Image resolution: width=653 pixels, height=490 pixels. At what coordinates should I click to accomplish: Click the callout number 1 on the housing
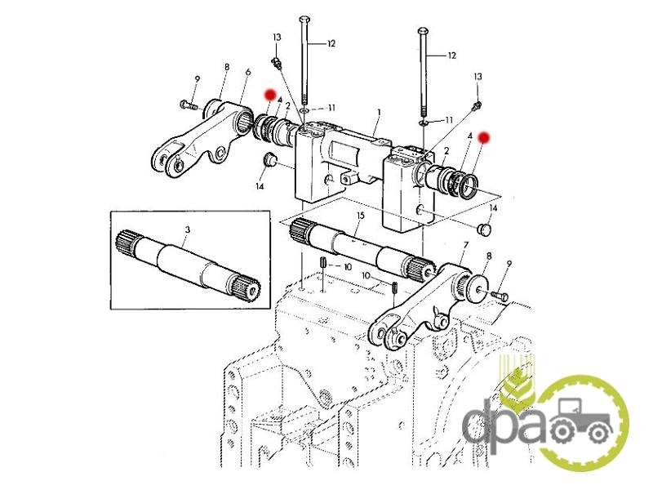tap(379, 112)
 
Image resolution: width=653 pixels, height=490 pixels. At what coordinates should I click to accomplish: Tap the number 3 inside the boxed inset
tap(188, 229)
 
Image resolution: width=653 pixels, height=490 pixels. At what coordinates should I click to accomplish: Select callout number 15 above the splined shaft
tap(361, 216)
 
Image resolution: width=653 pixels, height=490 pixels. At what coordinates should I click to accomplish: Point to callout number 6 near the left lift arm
tap(248, 72)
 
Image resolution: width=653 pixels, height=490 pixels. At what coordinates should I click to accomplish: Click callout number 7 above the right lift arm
tap(465, 246)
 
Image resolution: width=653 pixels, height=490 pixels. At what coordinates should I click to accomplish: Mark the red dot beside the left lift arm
tap(271, 94)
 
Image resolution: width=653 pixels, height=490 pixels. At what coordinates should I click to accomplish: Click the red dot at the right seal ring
tap(484, 137)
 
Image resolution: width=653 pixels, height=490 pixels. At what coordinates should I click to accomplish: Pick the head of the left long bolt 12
tap(304, 20)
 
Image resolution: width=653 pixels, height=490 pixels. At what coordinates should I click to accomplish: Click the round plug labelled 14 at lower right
tap(484, 229)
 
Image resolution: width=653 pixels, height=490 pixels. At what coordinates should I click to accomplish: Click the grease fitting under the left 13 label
tap(276, 64)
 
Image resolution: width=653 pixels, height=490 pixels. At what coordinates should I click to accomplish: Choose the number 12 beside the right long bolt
tap(451, 56)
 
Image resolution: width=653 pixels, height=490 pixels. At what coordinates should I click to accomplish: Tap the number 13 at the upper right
tap(478, 77)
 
